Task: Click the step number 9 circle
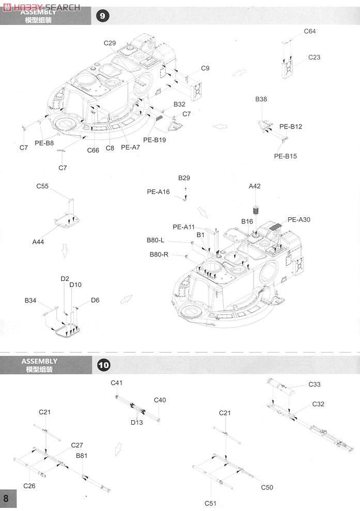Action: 102,15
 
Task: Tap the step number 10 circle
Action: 104,365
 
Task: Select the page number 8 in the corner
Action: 6,498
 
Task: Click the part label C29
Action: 109,43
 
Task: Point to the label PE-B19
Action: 154,140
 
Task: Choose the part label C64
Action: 310,31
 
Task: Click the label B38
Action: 261,99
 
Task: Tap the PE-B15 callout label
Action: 285,156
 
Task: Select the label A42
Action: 254,186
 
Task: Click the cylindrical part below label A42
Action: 256,210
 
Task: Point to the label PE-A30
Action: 299,220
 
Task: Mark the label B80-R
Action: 159,254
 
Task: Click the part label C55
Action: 42,186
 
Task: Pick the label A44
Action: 38,242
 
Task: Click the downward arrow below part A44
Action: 65,251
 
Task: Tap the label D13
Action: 137,422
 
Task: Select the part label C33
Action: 315,384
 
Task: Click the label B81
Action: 82,456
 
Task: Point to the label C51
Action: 210,503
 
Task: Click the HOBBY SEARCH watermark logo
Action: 41,7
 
